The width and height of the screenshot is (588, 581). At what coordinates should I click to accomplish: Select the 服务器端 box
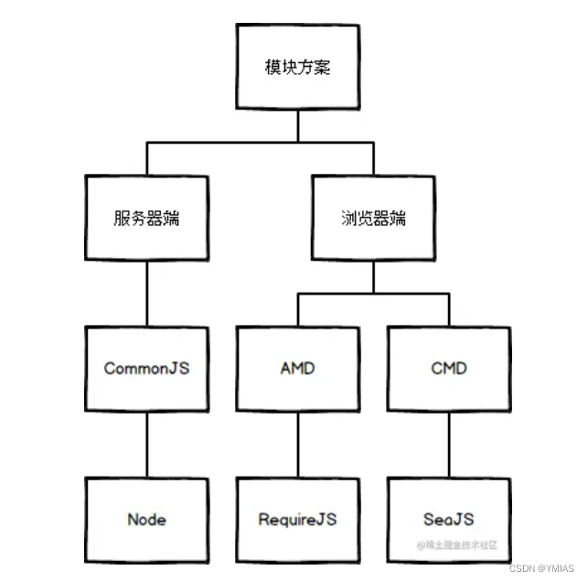tap(146, 218)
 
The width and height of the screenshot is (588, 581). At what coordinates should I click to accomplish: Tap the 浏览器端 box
tap(372, 218)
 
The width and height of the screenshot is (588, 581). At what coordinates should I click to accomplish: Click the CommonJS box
tap(146, 369)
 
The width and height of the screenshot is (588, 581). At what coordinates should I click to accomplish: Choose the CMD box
tap(448, 369)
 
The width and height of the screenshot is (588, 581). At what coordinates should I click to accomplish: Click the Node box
tap(146, 519)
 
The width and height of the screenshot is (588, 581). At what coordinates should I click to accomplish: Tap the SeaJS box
tap(448, 519)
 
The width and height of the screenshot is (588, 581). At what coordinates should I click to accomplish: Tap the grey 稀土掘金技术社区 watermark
tap(457, 545)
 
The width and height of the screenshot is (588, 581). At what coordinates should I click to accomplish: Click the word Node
tap(146, 519)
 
